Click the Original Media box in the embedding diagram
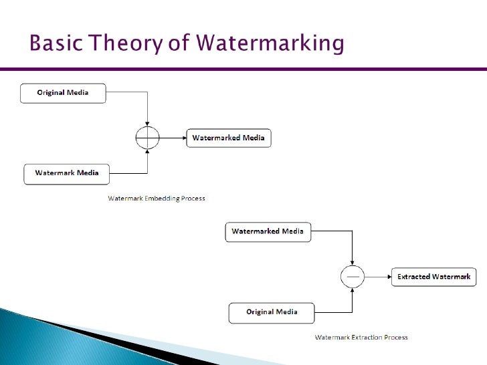[63, 92]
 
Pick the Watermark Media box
[66, 173]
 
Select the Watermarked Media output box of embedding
[228, 138]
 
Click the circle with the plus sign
[147, 138]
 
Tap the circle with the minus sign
[353, 276]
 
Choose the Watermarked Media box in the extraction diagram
[267, 232]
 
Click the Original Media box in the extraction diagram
[272, 312]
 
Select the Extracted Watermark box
[433, 277]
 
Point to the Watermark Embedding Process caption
[157, 199]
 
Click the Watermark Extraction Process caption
[361, 338]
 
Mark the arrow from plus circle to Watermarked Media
[173, 138]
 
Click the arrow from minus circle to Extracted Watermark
[378, 276]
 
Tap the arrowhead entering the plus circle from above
[147, 124]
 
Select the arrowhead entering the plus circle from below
[147, 153]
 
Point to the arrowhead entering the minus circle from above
[353, 261]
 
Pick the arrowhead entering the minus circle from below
[353, 291]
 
